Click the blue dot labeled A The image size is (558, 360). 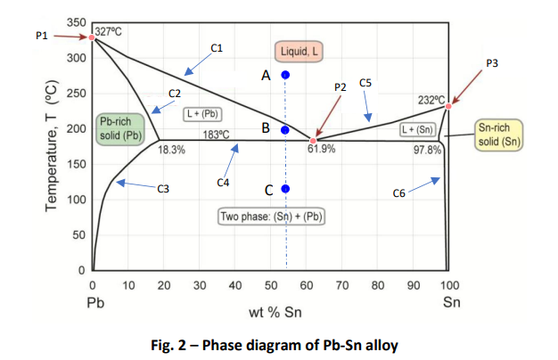point(285,75)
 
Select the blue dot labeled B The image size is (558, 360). point(284,130)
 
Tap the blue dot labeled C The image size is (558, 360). point(285,189)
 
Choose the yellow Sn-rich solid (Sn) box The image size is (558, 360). point(499,135)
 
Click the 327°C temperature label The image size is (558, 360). point(109,31)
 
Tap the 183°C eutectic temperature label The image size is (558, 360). point(217,135)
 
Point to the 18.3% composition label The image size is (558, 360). point(171,150)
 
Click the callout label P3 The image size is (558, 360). point(492,63)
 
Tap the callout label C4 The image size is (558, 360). point(225,182)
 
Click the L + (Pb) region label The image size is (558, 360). point(202,113)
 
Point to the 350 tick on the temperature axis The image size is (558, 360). point(77,21)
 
